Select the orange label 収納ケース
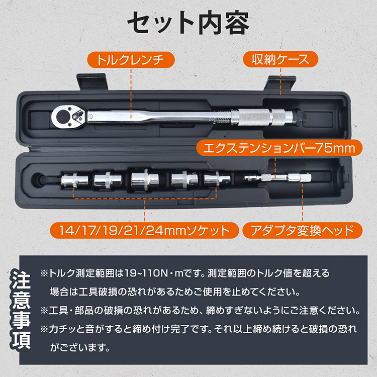coord(280,60)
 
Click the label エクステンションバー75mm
coord(279,148)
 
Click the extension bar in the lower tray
coord(276,178)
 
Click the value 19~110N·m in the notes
coord(151,273)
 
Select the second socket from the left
coord(107,180)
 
